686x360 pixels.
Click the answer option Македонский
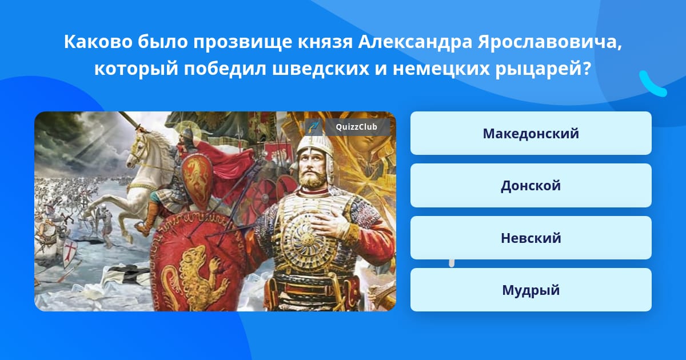coord(531,133)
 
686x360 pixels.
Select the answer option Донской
coord(531,186)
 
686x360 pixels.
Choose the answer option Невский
coord(531,238)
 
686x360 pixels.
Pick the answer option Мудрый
coord(531,290)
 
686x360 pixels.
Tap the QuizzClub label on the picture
coord(356,127)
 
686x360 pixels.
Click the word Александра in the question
coord(415,42)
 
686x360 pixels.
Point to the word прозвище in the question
coord(243,43)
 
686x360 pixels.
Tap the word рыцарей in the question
coord(543,70)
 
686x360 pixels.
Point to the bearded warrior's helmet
coord(316,153)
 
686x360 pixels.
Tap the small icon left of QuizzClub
coord(314,127)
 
